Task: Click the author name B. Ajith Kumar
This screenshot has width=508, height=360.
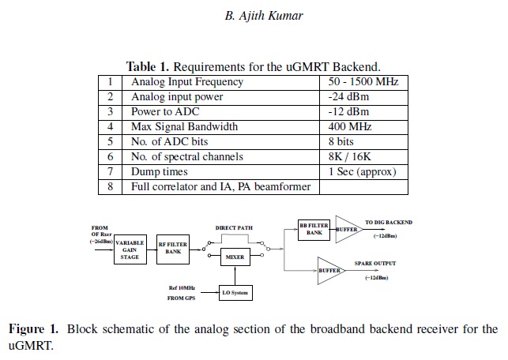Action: click(264, 16)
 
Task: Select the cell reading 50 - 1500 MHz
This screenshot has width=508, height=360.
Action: click(363, 81)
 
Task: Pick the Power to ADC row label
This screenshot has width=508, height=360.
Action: click(165, 111)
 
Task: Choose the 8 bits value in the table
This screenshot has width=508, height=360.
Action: click(341, 141)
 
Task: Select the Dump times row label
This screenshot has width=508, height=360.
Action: click(159, 171)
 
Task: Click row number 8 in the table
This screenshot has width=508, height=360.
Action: click(110, 187)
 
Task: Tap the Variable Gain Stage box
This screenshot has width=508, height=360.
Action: click(130, 249)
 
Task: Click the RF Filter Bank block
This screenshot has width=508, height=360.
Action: click(173, 249)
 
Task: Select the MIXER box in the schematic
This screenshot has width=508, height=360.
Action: click(235, 257)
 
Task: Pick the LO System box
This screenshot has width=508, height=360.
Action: click(235, 293)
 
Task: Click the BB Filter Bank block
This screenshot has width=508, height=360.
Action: click(314, 230)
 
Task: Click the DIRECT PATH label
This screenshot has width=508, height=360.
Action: click(234, 228)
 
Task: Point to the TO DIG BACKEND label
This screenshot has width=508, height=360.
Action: click(389, 223)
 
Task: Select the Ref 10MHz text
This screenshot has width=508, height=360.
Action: click(182, 288)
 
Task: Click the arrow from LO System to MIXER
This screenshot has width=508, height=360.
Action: click(235, 276)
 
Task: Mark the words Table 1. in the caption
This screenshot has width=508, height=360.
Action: click(148, 66)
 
